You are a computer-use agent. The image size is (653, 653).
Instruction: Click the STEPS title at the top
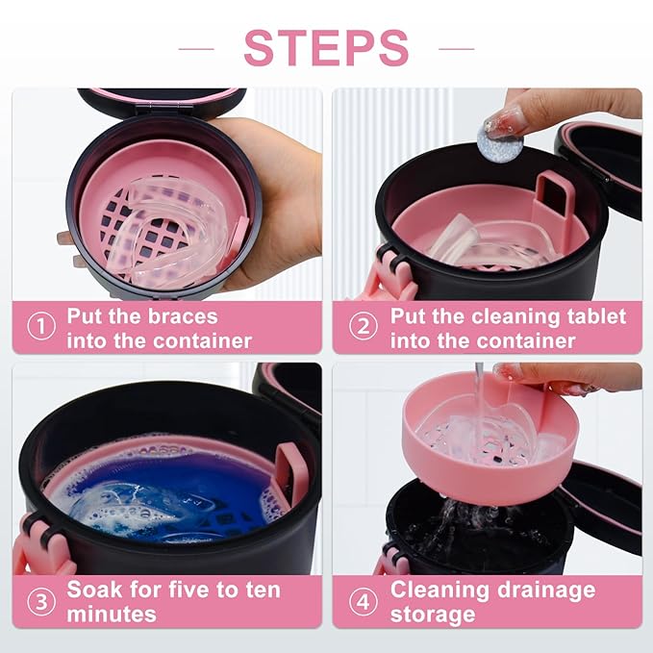tap(326, 47)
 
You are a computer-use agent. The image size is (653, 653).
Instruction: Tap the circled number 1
tap(40, 327)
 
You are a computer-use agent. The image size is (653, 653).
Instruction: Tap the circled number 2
tap(363, 327)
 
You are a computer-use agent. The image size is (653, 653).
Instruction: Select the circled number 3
tap(40, 601)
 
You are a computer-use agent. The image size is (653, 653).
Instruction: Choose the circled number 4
tap(363, 601)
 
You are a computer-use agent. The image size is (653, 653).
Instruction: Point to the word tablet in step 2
tap(591, 316)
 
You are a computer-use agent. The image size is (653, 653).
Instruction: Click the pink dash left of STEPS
tap(196, 47)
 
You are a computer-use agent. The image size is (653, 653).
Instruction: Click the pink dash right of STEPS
tap(456, 47)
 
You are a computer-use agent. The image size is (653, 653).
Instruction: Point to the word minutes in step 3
tap(112, 614)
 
